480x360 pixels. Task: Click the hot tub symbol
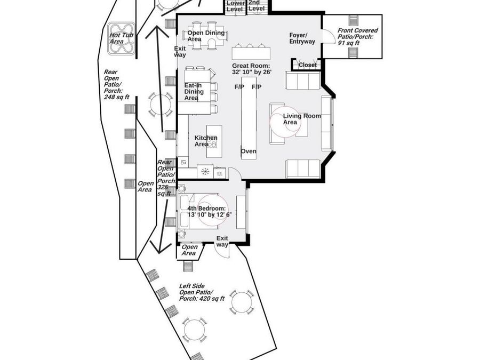[122, 39]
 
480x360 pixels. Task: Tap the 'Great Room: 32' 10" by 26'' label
[252, 69]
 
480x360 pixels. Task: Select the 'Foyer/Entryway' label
[302, 38]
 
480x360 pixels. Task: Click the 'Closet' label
[308, 65]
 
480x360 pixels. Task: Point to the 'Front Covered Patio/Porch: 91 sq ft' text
[357, 36]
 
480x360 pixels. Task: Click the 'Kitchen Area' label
[206, 141]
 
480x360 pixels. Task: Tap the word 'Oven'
[249, 151]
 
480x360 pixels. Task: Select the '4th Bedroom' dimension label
[210, 212]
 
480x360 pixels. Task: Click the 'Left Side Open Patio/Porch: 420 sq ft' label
[202, 292]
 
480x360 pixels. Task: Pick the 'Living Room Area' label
[302, 119]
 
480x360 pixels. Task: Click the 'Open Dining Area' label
[206, 36]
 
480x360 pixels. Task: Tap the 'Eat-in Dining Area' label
[194, 92]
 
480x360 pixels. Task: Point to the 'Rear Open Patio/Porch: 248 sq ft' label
[117, 84]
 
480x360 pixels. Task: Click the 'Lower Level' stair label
[236, 6]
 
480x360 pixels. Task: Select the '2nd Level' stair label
[256, 5]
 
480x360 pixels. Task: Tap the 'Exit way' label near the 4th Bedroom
[222, 241]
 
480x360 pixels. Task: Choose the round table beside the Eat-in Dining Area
[161, 104]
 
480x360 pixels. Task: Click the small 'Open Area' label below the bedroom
[189, 250]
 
